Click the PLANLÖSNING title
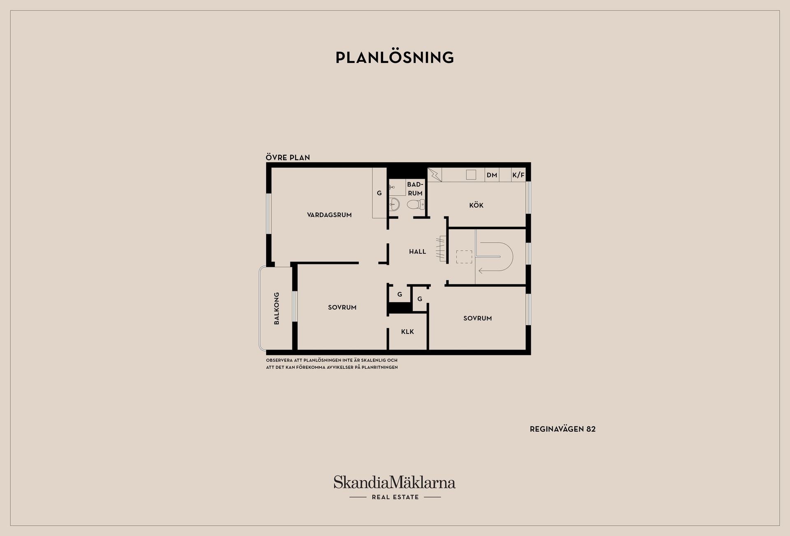click(x=395, y=58)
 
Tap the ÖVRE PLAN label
click(x=288, y=157)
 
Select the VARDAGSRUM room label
click(x=329, y=215)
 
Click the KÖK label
click(x=476, y=205)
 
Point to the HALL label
click(x=417, y=252)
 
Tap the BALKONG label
click(x=276, y=308)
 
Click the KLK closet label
click(x=407, y=332)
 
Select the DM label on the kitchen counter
click(x=492, y=175)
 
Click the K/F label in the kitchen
click(x=518, y=175)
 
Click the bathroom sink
click(x=394, y=204)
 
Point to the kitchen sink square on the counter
click(x=471, y=175)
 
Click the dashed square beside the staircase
click(x=464, y=257)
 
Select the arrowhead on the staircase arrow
click(x=480, y=271)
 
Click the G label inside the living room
click(x=379, y=193)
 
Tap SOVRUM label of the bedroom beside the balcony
click(x=342, y=308)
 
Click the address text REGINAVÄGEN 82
click(x=562, y=429)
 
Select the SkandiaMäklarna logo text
click(x=395, y=482)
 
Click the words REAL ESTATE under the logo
click(x=395, y=497)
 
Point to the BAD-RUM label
click(x=415, y=189)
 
